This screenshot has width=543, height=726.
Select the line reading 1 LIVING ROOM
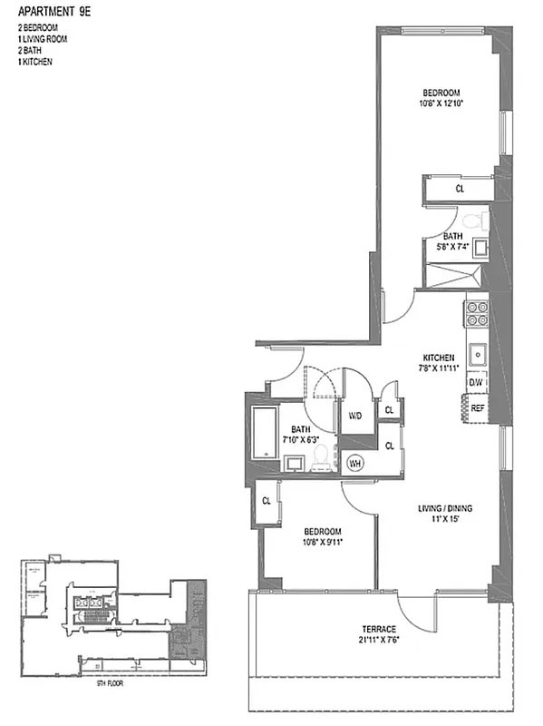pyautogui.click(x=42, y=40)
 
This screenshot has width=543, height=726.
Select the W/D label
pyautogui.click(x=355, y=416)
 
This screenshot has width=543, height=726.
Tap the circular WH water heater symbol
pyautogui.click(x=355, y=462)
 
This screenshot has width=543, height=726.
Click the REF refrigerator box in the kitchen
pyautogui.click(x=477, y=408)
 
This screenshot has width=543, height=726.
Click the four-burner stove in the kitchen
pyautogui.click(x=477, y=313)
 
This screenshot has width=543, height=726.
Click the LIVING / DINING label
pyautogui.click(x=440, y=507)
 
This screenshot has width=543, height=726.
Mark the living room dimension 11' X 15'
pyautogui.click(x=440, y=520)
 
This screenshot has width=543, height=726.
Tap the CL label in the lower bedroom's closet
pyautogui.click(x=267, y=500)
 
